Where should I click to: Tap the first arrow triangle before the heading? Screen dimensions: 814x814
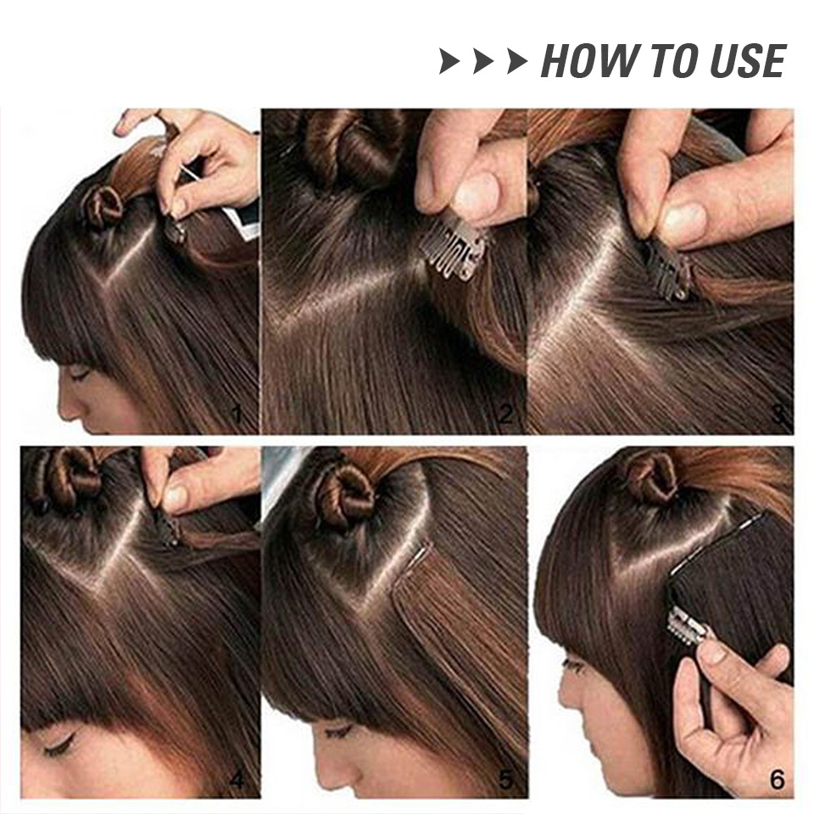(x=449, y=62)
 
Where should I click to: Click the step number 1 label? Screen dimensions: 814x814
(x=237, y=415)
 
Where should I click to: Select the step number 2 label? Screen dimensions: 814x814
(x=506, y=415)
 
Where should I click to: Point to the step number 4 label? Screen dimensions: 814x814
(x=237, y=779)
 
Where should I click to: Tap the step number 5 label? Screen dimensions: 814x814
(x=506, y=779)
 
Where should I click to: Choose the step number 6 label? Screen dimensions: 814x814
(x=777, y=779)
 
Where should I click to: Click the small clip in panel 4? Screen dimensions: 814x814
(x=168, y=530)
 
